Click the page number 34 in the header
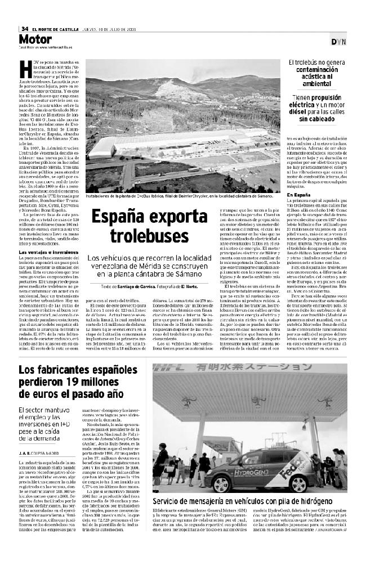(x=25, y=29)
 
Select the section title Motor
(x=35, y=39)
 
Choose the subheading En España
(x=298, y=194)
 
